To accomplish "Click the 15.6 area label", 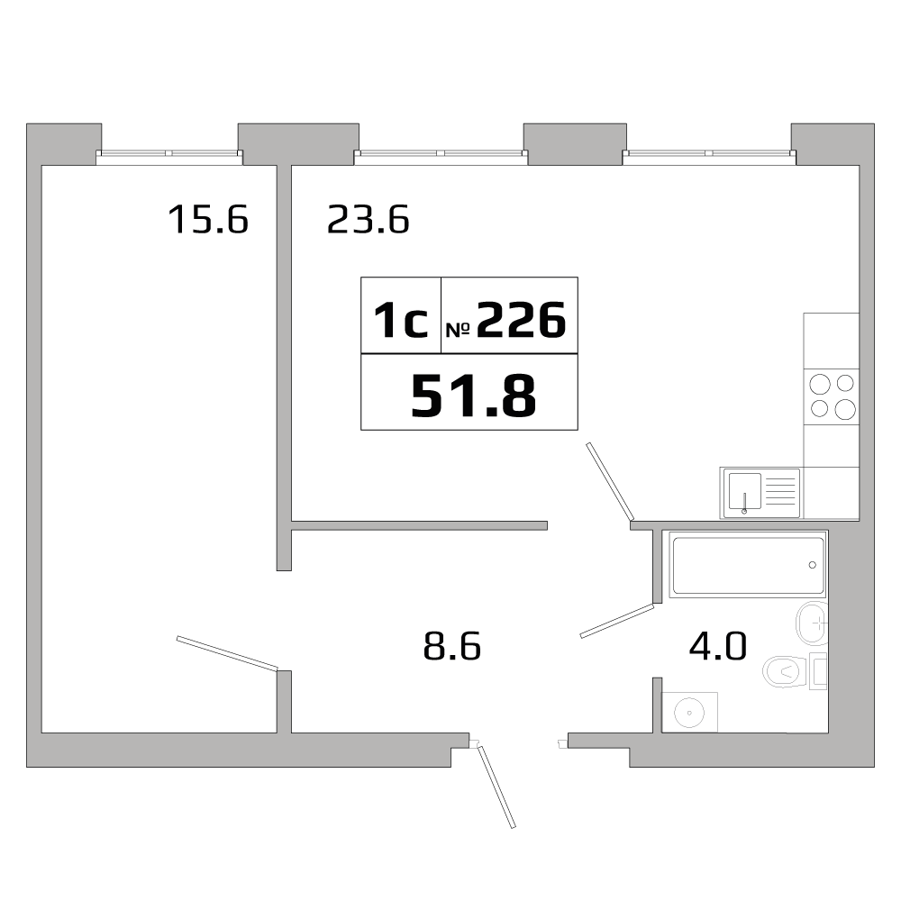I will (207, 219).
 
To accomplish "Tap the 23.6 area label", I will (368, 219).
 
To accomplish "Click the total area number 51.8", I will (473, 396).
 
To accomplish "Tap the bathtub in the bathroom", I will (748, 566).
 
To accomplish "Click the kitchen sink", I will (760, 493).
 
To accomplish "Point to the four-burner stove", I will (831, 396).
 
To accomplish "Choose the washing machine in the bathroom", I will (690, 712).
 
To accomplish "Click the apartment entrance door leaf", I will (496, 787).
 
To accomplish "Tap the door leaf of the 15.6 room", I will (226, 653).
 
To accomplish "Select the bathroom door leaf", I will (616, 621).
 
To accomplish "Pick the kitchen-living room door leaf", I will (609, 481).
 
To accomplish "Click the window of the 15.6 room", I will (169, 153).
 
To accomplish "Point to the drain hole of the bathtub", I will (813, 565).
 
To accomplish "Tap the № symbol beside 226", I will (457, 330).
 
